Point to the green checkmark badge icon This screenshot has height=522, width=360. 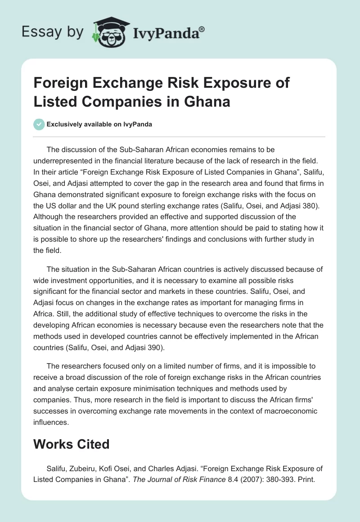39,124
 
